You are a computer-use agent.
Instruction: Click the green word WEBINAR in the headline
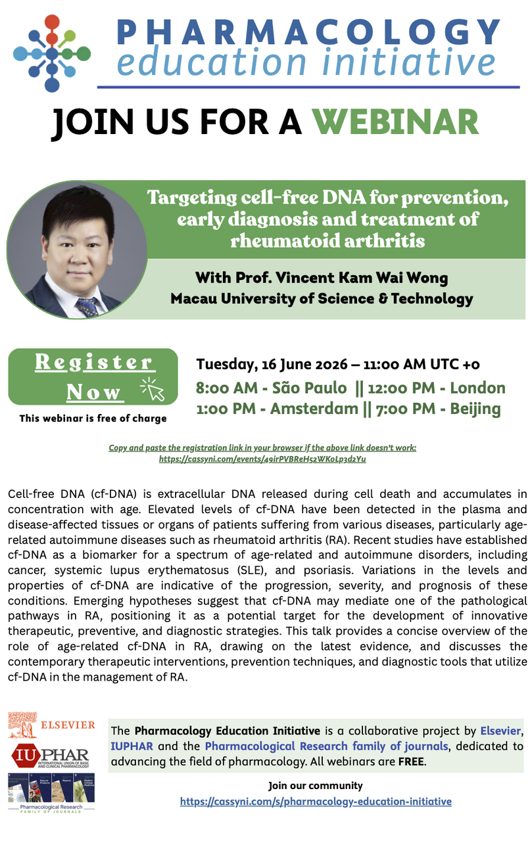(397, 122)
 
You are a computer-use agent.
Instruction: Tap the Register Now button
(93, 376)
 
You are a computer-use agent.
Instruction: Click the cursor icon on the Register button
(153, 389)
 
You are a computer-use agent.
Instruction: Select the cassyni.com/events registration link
(262, 459)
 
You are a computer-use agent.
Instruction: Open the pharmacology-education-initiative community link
(316, 802)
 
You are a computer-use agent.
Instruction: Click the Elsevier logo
(51, 725)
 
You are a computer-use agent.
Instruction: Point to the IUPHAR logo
(51, 756)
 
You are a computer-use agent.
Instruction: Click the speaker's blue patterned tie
(87, 306)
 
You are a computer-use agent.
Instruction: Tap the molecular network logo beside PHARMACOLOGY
(52, 53)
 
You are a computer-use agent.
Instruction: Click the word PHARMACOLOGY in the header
(308, 32)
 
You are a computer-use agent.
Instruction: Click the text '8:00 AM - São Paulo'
(271, 388)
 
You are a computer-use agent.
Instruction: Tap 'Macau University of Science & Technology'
(322, 299)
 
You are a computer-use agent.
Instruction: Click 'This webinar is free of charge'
(93, 419)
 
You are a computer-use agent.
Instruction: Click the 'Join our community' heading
(316, 785)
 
